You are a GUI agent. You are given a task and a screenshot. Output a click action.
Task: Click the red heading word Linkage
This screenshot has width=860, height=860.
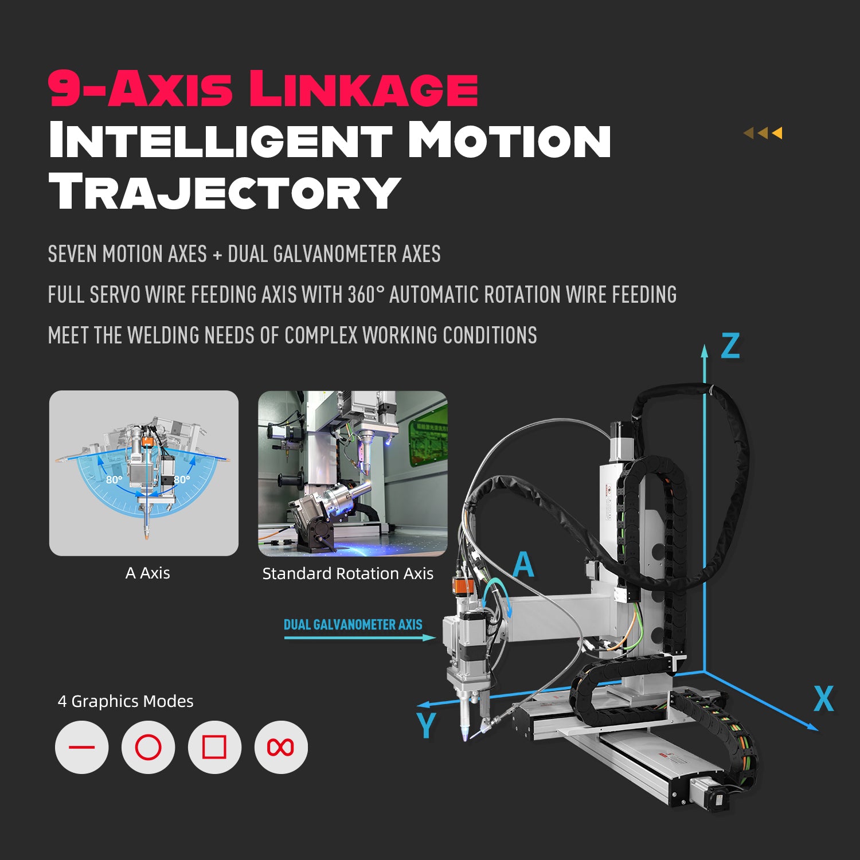tap(363, 88)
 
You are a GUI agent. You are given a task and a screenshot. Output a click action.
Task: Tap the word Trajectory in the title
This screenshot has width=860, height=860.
tap(224, 191)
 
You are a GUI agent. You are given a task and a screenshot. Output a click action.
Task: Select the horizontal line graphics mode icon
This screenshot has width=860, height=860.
tap(81, 747)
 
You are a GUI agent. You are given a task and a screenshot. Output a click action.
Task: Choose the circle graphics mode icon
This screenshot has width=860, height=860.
tap(148, 747)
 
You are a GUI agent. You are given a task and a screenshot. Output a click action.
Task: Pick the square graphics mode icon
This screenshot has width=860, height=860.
tap(214, 747)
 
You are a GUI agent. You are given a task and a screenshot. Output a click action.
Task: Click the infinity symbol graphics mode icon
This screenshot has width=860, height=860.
tap(281, 747)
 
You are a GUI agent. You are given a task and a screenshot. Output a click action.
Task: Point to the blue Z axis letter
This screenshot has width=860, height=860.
tap(730, 346)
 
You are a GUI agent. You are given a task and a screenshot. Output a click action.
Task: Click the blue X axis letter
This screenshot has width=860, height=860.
tap(824, 698)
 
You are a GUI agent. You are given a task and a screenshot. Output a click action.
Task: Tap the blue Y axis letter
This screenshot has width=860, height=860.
tap(427, 725)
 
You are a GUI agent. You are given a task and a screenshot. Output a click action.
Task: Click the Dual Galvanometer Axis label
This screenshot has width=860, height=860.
tap(353, 624)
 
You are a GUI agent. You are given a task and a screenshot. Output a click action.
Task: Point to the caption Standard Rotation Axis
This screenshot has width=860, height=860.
tap(347, 573)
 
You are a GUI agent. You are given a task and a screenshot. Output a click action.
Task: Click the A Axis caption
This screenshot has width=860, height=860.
tap(147, 573)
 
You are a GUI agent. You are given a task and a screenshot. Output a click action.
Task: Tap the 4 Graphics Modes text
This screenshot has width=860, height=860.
tap(126, 701)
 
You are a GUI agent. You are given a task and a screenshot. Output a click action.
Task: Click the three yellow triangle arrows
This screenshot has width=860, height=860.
tap(763, 133)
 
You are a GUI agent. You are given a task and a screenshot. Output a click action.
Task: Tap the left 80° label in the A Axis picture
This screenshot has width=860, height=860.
tap(114, 479)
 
